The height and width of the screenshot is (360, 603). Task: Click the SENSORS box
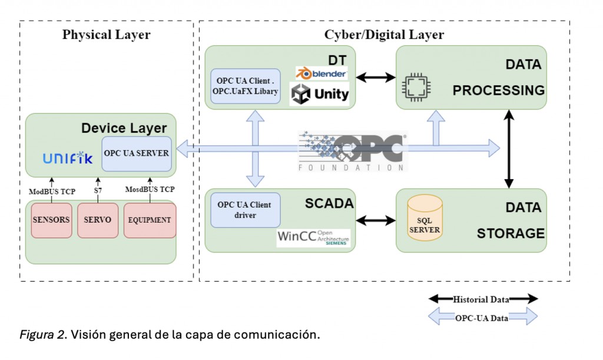51,220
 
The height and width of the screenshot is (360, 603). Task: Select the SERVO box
98,220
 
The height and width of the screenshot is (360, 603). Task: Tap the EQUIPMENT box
150,220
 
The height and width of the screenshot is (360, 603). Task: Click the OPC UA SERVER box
137,153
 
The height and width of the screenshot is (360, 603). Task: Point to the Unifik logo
68,158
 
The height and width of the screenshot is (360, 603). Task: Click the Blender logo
322,74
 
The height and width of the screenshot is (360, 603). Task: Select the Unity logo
321,94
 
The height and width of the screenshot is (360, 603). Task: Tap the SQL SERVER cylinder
425,219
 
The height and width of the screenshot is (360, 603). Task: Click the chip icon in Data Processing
416,87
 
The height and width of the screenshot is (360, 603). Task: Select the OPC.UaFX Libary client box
245,86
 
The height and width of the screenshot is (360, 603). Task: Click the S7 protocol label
98,191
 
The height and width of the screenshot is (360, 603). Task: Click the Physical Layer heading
106,34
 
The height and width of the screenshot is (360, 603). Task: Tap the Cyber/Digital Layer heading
384,34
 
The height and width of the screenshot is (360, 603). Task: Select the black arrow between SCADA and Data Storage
376,220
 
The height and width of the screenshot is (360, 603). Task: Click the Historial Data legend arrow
483,299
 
